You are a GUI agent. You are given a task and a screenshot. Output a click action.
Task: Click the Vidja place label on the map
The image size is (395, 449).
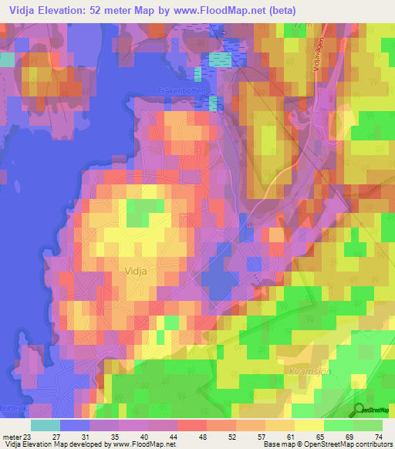click(135, 271)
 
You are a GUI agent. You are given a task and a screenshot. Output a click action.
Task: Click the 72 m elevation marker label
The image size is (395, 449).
click(300, 25)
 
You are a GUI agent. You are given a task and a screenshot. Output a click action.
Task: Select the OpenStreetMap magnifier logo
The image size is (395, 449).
click(357, 410)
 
